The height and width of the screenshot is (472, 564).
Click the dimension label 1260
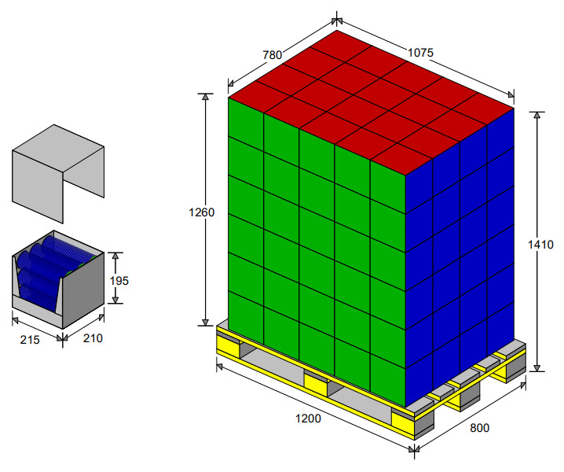tap(201, 212)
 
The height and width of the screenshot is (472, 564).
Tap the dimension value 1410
tap(540, 245)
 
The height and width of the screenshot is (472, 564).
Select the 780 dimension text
tap(273, 55)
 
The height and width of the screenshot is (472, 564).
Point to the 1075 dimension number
tap(420, 53)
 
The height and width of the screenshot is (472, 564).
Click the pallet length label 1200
tap(308, 419)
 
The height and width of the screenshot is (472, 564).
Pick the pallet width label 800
tap(479, 428)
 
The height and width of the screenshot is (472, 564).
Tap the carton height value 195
tap(119, 281)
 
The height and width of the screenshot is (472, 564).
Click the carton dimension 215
tap(30, 340)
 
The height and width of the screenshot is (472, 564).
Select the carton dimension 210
tap(93, 338)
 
